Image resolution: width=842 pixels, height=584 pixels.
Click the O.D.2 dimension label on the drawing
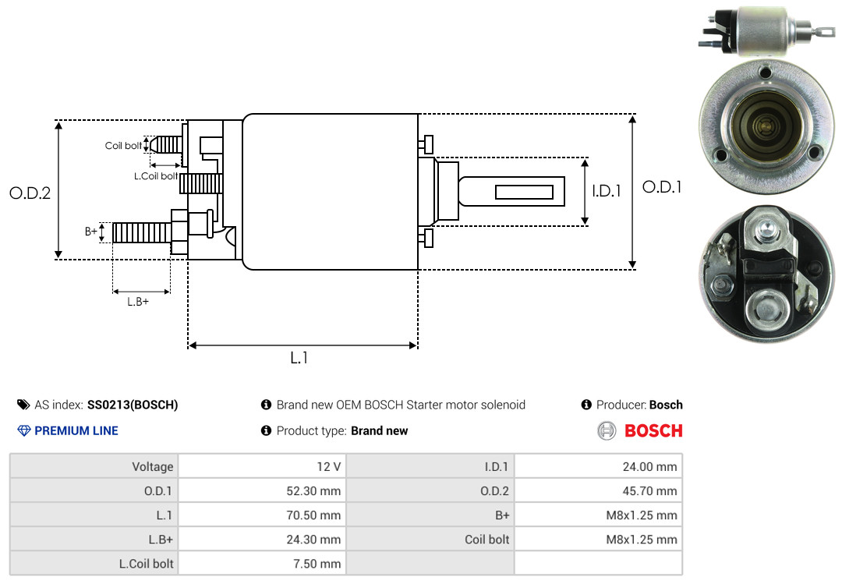(x=30, y=193)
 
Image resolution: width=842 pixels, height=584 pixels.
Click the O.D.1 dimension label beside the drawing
(x=662, y=187)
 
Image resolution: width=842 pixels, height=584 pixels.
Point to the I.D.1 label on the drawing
(x=607, y=191)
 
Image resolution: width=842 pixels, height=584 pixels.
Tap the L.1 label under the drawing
(x=299, y=358)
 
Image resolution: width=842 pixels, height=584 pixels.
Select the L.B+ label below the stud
(x=138, y=302)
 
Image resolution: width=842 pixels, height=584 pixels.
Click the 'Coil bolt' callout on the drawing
(x=123, y=146)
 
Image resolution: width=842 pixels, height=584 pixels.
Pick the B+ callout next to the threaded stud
(x=90, y=231)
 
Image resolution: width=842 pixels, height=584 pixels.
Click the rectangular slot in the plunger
(x=524, y=192)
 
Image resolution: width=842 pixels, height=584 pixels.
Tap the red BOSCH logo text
(x=653, y=431)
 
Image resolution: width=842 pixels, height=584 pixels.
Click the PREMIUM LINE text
(x=76, y=431)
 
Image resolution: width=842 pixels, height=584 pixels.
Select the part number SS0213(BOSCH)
(x=133, y=405)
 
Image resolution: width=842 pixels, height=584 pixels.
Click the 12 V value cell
(x=262, y=466)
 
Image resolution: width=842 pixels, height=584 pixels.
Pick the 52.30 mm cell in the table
(x=262, y=490)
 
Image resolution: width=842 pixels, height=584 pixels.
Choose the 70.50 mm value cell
(x=262, y=515)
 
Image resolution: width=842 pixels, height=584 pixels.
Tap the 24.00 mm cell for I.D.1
(x=598, y=466)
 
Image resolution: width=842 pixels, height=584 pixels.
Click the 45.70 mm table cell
(x=598, y=490)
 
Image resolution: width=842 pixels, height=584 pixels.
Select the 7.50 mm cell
(x=262, y=564)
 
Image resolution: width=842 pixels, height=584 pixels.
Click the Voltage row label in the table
(x=153, y=467)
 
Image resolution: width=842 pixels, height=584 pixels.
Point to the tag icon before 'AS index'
(x=23, y=405)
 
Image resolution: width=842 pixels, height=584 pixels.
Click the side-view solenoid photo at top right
(x=767, y=31)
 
